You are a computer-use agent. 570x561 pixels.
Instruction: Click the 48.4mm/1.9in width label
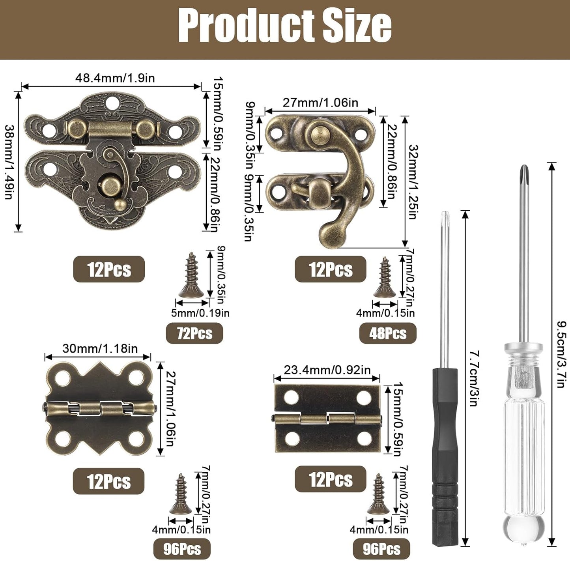click(115, 78)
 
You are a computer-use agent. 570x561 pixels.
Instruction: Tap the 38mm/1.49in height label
click(10, 162)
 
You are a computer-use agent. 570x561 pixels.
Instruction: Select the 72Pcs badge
click(194, 333)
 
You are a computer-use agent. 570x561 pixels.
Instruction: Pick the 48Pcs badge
click(388, 333)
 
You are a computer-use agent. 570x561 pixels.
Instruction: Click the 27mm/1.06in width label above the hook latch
click(320, 103)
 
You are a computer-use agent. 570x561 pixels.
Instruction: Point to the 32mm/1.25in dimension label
click(413, 182)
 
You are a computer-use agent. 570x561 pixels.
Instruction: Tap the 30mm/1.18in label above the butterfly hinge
click(100, 349)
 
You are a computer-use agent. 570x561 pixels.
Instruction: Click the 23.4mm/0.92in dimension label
click(327, 370)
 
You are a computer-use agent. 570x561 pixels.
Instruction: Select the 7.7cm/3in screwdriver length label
click(475, 378)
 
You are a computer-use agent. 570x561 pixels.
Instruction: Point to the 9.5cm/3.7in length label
click(561, 355)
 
